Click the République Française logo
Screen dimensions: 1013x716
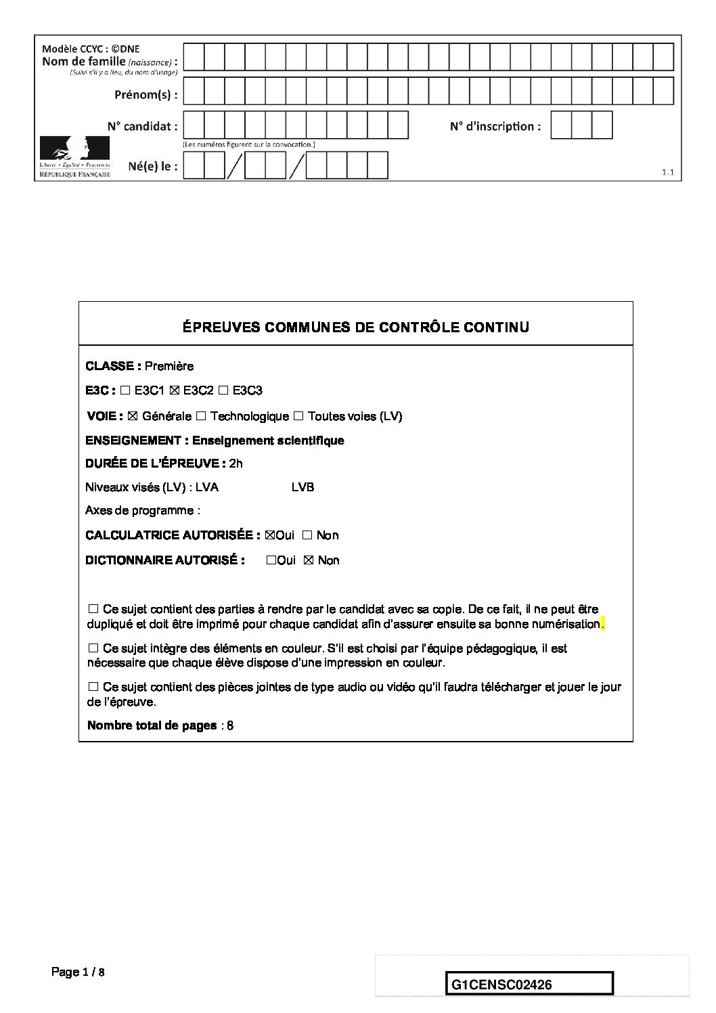[75, 156]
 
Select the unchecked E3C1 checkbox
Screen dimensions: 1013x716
[125, 390]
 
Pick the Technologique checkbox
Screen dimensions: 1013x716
[201, 416]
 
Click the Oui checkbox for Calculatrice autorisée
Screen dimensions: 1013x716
[271, 535]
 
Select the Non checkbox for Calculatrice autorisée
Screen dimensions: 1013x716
[307, 535]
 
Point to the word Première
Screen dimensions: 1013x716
[169, 366]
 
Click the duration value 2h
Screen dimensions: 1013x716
[236, 464]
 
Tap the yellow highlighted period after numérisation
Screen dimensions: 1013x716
[602, 624]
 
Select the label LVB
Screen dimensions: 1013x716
[303, 487]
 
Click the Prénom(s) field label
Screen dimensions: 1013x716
[146, 95]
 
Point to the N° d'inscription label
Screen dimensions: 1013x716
[495, 127]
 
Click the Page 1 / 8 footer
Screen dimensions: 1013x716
[79, 972]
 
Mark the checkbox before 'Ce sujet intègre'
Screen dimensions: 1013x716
[93, 648]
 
